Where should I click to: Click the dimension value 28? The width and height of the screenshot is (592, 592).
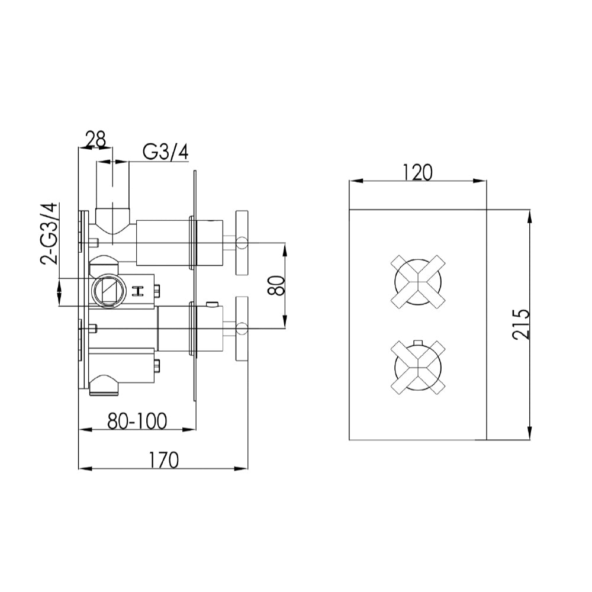click(95, 140)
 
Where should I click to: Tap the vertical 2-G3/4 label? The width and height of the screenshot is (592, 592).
click(49, 233)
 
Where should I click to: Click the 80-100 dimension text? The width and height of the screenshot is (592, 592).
click(137, 421)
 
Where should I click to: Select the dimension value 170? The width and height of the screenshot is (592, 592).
click(164, 459)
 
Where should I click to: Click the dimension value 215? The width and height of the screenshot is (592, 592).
click(521, 324)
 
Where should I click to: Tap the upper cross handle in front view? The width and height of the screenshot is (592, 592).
click(418, 282)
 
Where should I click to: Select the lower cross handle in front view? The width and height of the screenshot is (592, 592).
click(418, 368)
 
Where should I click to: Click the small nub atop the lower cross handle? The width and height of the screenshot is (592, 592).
click(418, 342)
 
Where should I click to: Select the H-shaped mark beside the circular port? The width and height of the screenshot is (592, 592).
click(139, 291)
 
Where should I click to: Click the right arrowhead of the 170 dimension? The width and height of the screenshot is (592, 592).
click(243, 469)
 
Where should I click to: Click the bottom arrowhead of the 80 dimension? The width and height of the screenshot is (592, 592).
click(285, 323)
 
